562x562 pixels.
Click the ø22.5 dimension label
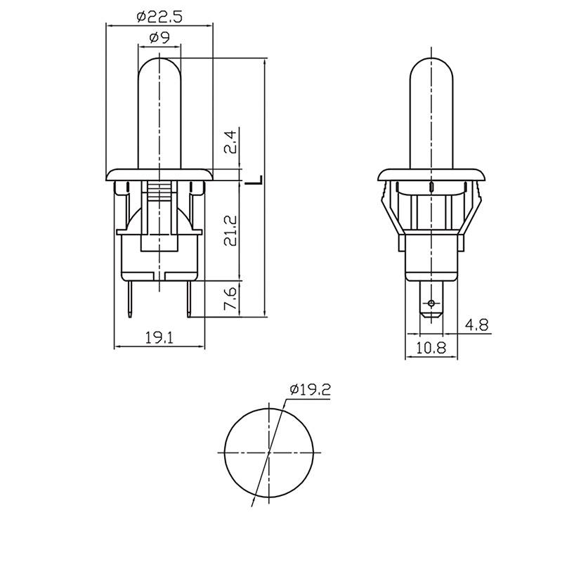[159, 17]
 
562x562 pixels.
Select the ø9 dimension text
[159, 37]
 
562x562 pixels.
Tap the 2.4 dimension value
[230, 142]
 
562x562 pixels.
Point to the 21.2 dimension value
[230, 230]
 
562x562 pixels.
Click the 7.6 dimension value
[230, 298]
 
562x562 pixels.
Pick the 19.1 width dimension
[159, 338]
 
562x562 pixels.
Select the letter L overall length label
[254, 181]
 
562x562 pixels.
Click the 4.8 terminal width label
[477, 325]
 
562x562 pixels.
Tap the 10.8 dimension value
[431, 347]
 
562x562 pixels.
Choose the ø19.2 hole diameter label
[311, 390]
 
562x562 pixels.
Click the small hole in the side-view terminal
[431, 303]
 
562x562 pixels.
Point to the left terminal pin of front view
[130, 299]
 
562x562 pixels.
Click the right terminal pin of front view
[188, 299]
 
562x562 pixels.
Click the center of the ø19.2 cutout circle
[269, 452]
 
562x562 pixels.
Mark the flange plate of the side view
[431, 174]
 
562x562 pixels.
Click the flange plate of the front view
[159, 174]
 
